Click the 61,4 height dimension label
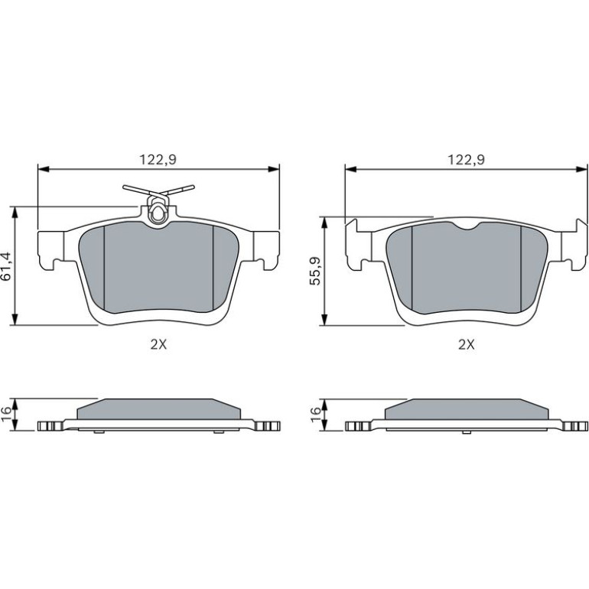coord(7,266)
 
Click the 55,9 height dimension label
coord(315,272)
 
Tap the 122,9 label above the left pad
coord(158,160)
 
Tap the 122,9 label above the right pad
coord(466,160)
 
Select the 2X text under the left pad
coord(158,344)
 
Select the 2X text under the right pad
coord(467,344)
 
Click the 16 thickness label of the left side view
coord(7,414)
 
